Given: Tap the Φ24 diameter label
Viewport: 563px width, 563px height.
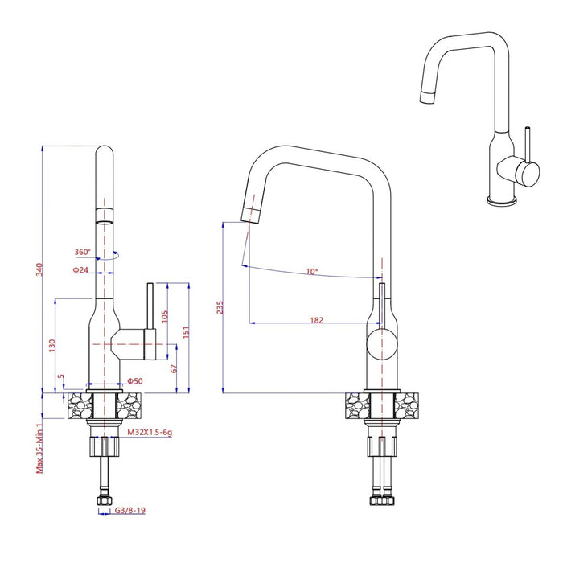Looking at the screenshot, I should pyautogui.click(x=80, y=270).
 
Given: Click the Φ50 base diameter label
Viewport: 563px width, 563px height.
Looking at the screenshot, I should pyautogui.click(x=134, y=380).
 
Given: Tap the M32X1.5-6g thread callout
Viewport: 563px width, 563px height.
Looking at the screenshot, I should pyautogui.click(x=150, y=432).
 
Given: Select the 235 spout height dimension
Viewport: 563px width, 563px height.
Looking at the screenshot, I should pyautogui.click(x=220, y=307).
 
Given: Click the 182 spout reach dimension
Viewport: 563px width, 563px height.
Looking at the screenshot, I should pyautogui.click(x=316, y=320).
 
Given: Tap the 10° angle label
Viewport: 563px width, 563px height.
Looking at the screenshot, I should pyautogui.click(x=310, y=271).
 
